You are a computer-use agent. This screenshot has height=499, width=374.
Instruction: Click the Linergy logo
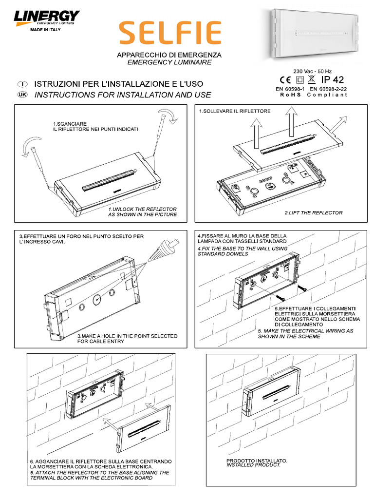pos(46,18)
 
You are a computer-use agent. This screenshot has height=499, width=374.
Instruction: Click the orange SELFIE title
pos(170,33)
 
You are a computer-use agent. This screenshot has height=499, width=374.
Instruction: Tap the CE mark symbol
pos(285,80)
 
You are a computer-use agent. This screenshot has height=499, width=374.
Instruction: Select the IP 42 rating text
pos(332,79)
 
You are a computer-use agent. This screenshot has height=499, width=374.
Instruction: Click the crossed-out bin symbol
pos(311,79)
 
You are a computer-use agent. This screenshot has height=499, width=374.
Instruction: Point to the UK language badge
pos(22,95)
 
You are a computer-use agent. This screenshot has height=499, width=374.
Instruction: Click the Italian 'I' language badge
pos(22,84)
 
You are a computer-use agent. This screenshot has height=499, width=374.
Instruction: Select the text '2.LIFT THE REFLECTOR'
pos(314,212)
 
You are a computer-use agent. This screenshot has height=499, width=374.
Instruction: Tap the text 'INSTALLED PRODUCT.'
pos(253,465)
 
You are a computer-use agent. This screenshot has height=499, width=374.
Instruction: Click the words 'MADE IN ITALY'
pos(45,30)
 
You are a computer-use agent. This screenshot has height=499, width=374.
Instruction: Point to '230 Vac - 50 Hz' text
pos(312,71)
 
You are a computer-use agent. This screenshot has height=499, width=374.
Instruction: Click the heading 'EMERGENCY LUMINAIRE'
pos(169,62)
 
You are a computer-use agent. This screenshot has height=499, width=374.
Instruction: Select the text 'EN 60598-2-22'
pos(328,89)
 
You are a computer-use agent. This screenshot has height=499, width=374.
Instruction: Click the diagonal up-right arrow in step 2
pos(338,124)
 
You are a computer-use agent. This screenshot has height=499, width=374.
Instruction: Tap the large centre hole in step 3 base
pos(97,299)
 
